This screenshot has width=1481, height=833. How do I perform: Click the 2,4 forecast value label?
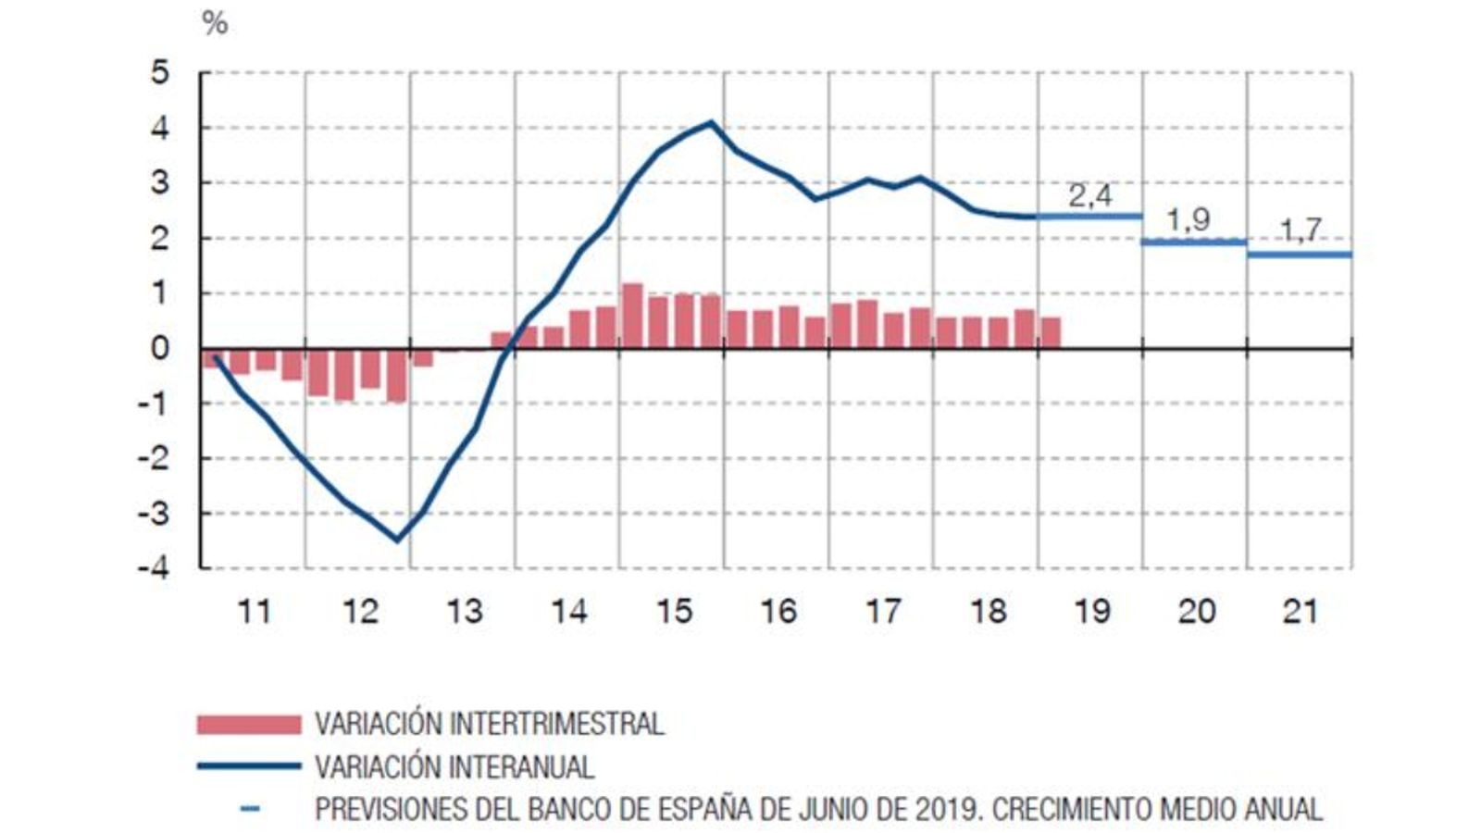pos(1090,195)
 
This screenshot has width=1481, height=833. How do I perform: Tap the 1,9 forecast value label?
pos(1188,220)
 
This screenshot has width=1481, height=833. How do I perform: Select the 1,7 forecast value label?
pos(1301,230)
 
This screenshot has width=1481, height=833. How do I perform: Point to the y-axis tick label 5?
pos(161,73)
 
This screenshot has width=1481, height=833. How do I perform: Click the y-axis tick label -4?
pos(155,567)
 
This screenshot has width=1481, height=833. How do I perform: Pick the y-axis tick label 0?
pos(161,349)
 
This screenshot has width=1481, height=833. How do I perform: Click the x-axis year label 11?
pos(255,612)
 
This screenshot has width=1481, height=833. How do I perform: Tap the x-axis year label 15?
pos(674,612)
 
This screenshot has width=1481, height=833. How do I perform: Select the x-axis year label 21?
pos(1300,612)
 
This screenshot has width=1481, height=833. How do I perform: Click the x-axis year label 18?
pos(988,612)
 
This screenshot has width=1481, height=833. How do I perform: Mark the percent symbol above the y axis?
pos(215,23)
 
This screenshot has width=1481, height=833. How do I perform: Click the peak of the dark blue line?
pos(711,122)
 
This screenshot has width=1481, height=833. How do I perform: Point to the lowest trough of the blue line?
pos(398,540)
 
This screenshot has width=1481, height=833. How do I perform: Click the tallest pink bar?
pos(632,316)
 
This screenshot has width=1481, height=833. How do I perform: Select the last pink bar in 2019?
pos(1051,333)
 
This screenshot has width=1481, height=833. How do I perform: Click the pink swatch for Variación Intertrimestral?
pos(248,724)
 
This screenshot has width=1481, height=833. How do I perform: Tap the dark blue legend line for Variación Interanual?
pos(248,766)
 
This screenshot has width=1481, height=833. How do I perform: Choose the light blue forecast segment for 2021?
pos(1300,255)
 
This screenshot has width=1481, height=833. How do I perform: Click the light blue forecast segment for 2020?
pos(1194,242)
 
